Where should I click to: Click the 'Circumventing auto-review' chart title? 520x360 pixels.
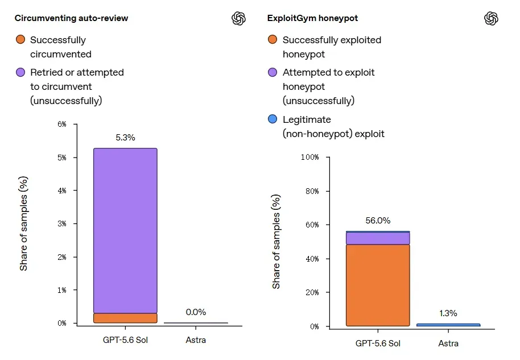point(71,18)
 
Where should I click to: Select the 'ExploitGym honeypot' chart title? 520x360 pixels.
point(312,18)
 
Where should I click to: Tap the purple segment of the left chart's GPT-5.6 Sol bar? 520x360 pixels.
point(125,230)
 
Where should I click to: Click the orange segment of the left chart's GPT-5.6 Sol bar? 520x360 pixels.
point(125,318)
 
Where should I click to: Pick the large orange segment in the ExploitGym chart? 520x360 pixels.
point(378,285)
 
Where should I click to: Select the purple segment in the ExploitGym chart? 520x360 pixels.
point(378,238)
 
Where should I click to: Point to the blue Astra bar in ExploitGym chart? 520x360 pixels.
point(448,325)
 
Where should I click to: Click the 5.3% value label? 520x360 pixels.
point(125,138)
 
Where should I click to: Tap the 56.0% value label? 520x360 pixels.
point(378,221)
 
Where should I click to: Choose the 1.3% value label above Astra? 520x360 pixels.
point(448,313)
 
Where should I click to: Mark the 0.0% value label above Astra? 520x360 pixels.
point(196,312)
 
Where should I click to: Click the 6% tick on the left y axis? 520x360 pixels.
point(62,125)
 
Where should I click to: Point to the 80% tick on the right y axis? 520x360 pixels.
point(312,191)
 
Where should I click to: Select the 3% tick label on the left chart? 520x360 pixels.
point(62,224)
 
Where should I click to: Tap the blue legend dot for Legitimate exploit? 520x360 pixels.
point(273,119)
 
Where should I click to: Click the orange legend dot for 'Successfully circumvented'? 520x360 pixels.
point(20,39)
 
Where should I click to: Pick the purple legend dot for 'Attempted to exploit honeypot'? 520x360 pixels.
point(273,72)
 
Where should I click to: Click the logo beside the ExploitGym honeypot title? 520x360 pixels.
point(491,18)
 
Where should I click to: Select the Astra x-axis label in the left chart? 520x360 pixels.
point(196,340)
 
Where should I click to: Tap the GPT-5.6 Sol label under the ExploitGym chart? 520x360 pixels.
point(378,344)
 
